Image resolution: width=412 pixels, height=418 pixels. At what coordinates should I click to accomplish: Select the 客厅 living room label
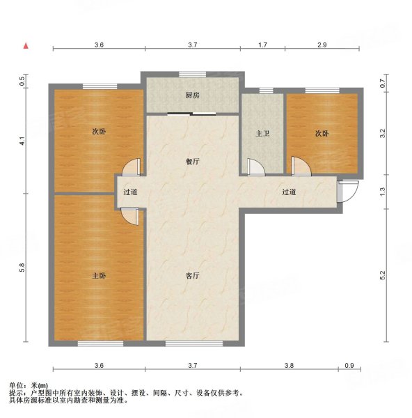click(192, 276)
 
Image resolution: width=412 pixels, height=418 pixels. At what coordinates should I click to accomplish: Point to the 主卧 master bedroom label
click(99, 276)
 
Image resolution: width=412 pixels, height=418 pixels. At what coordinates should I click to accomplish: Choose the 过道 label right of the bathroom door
click(290, 192)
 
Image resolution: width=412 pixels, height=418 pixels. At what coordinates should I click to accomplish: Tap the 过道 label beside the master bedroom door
click(130, 192)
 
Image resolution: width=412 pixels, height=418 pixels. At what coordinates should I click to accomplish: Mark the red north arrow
click(26, 46)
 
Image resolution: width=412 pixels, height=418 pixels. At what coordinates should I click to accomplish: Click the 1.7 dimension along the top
click(262, 45)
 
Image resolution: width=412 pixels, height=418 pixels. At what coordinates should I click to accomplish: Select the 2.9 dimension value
click(322, 45)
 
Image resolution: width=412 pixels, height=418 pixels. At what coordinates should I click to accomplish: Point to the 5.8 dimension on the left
click(22, 267)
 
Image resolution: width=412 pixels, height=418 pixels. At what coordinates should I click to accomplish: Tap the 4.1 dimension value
click(22, 139)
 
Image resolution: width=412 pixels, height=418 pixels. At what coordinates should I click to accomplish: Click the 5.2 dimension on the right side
click(382, 276)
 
